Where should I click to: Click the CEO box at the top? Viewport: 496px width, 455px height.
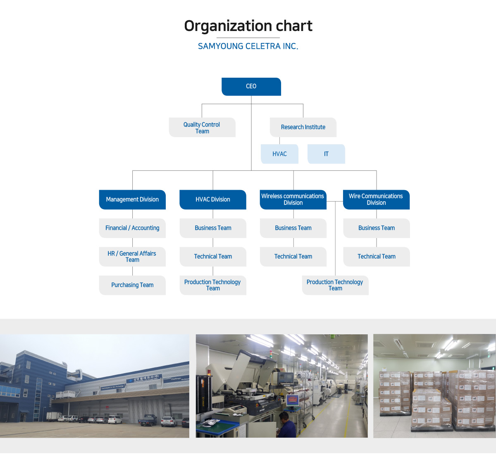point(251,86)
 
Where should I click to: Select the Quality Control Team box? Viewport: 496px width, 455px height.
point(202,127)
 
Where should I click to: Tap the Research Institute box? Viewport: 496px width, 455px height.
point(303,127)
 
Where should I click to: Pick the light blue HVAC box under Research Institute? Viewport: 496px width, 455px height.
point(279,154)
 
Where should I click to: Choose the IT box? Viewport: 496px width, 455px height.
point(326,154)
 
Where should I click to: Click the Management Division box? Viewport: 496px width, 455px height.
point(132,200)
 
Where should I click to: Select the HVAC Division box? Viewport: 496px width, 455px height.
point(213,200)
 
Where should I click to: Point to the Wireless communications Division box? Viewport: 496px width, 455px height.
point(293,200)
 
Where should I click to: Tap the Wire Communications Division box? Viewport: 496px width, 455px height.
point(376,200)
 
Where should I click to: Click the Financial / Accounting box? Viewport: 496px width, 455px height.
point(132,228)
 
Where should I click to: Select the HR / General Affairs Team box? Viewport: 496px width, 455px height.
point(132,257)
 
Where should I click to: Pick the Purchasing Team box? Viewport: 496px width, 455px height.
point(132,285)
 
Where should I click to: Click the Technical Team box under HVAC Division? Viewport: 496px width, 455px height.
point(213,257)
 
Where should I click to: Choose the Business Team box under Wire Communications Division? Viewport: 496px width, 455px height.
point(377,228)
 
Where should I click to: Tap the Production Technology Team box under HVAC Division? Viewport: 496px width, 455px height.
point(213,285)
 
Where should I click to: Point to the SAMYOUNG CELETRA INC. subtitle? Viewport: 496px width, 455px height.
point(248,46)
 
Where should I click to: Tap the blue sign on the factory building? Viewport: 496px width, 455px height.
point(144,378)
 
